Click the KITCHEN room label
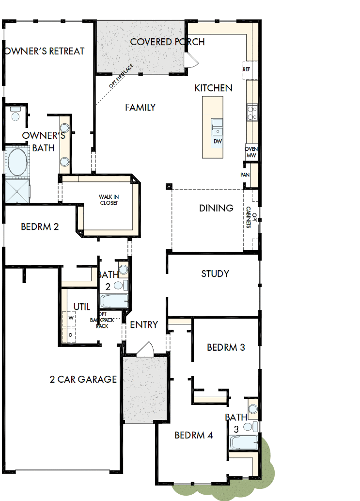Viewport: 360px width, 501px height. (x=213, y=88)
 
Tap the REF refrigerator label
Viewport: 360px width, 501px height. (x=247, y=70)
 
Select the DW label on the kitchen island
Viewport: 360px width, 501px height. (x=217, y=141)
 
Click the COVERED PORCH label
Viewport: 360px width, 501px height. (x=167, y=42)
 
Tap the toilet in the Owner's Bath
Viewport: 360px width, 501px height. (x=15, y=114)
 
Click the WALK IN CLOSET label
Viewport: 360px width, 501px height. (x=109, y=200)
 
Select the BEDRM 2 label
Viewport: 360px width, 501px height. (x=40, y=226)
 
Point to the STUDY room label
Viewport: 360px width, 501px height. (x=215, y=274)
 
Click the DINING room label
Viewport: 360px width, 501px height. (x=216, y=208)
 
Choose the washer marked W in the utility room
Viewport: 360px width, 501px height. (x=71, y=318)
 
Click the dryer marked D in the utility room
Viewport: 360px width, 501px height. (x=71, y=335)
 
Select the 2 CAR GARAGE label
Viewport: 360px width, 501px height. (x=83, y=379)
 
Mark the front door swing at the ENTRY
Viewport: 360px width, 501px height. (x=144, y=349)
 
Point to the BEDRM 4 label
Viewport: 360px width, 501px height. (x=194, y=435)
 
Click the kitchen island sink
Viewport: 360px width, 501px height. (x=217, y=126)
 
